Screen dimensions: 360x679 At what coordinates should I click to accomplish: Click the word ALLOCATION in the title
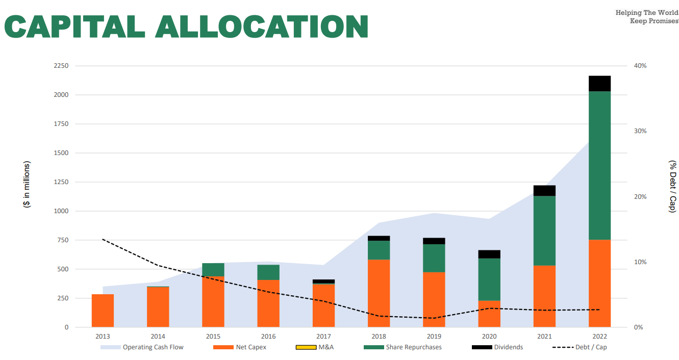[x=262, y=27]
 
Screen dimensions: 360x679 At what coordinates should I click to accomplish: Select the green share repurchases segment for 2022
[x=599, y=165]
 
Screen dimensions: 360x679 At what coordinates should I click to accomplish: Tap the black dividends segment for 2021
[x=544, y=191]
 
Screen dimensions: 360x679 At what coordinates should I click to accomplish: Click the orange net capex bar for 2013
[x=103, y=311]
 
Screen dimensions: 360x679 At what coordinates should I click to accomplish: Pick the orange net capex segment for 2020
[x=489, y=314]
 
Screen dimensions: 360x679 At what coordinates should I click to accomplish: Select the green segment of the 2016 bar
[x=268, y=272]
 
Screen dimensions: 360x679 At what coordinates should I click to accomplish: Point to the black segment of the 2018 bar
[x=379, y=238]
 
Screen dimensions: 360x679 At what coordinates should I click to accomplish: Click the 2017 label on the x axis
[x=323, y=337]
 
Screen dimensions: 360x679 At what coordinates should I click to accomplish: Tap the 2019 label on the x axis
[x=434, y=337]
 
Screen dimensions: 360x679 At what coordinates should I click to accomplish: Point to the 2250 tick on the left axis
[x=61, y=66]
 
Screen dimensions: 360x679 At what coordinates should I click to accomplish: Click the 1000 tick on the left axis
[x=61, y=211]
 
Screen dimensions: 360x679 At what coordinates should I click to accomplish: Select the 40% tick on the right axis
[x=640, y=66]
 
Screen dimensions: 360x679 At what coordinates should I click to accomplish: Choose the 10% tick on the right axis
[x=640, y=262]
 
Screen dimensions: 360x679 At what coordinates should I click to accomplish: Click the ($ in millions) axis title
[x=27, y=184]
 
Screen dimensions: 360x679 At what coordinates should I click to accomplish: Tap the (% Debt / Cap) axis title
[x=673, y=186]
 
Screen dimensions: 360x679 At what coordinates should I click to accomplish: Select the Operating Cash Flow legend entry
[x=142, y=347]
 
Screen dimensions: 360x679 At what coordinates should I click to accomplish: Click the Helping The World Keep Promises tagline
[x=646, y=17]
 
